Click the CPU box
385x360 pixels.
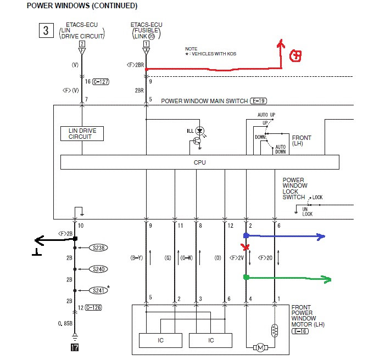pos(199,162)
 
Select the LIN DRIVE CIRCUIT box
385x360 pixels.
pos(82,133)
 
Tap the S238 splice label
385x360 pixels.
pos(98,248)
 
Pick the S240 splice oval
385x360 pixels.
pos(98,269)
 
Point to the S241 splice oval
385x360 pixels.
pos(98,290)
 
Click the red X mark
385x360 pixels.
pos(245,247)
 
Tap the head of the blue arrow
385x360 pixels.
pos(321,237)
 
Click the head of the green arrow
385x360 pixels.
pos(327,279)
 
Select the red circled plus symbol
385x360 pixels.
pos(295,56)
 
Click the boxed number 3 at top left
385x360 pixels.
pos(46,30)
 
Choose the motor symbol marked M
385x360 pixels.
pos(260,347)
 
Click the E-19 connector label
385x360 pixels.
pos(258,101)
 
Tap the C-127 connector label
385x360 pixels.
pos(101,82)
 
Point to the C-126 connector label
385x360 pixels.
pos(93,307)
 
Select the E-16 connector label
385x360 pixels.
pos(300,331)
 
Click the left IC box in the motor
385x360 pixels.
pos(160,340)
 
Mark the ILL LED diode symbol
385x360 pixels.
pos(200,131)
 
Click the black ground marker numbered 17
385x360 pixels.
pos(75,347)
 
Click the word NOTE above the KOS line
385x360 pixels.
pos(191,49)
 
